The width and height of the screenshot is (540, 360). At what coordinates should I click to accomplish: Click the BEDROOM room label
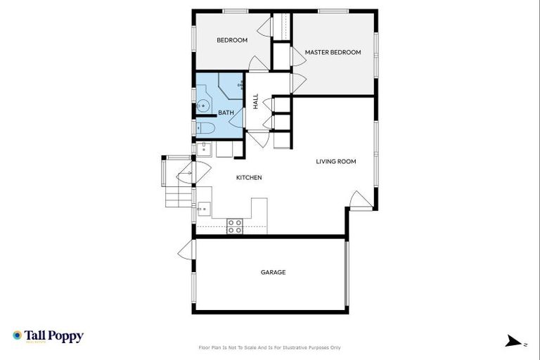tap(231, 40)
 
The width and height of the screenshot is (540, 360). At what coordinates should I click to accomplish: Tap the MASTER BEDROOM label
tap(333, 52)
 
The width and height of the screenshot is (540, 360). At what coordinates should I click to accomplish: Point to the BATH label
tap(226, 112)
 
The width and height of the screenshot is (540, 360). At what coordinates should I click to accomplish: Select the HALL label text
tap(256, 102)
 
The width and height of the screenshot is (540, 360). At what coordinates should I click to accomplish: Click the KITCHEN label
tap(249, 178)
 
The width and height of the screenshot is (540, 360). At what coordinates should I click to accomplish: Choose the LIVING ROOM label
tap(335, 161)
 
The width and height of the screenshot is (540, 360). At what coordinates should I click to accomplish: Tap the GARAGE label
tap(273, 272)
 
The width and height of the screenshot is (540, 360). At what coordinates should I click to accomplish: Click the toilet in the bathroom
tap(206, 127)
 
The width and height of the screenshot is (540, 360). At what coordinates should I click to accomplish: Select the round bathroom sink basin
tap(203, 105)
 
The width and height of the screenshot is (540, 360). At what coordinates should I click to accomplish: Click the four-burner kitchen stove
tap(234, 226)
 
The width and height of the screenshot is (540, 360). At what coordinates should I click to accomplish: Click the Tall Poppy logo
tap(48, 336)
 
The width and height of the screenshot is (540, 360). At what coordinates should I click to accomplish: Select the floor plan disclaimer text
tap(270, 347)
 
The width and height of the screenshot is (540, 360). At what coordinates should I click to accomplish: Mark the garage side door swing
tap(186, 250)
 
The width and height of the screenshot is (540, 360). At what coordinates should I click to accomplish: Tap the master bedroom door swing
tap(297, 82)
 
